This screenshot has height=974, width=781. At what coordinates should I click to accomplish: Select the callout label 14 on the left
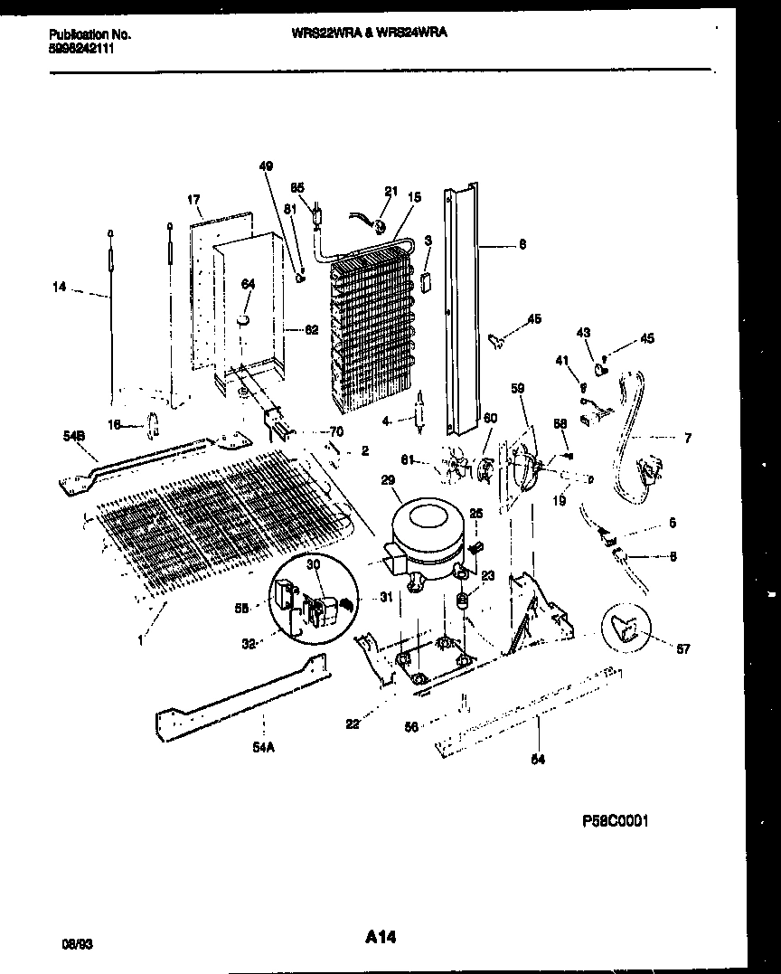tap(60, 288)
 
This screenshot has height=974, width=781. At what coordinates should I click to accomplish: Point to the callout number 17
tap(193, 199)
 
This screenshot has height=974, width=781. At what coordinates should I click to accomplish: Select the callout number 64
tap(248, 284)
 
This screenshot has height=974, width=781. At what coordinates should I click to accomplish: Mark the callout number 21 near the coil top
tap(390, 191)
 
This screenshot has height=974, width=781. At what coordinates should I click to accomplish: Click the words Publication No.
tap(89, 34)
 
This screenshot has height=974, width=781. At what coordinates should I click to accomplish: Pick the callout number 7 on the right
tap(688, 439)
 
